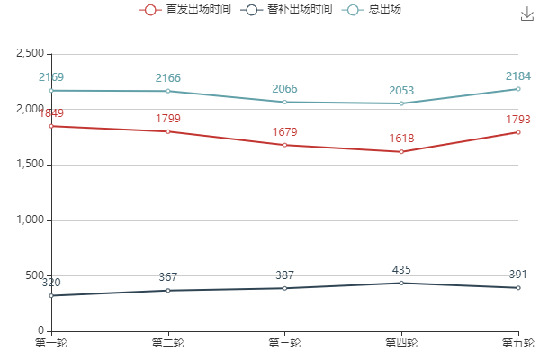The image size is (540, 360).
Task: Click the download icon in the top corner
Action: [527, 13]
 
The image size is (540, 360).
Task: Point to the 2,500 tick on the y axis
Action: [30, 54]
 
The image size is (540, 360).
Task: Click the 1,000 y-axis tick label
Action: [30, 220]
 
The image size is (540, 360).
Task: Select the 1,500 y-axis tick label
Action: [30, 165]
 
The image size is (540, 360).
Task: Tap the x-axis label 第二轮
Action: [168, 343]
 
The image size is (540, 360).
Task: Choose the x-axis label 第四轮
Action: [401, 343]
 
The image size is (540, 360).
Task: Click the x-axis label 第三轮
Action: [284, 343]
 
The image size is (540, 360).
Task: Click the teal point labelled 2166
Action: [168, 91]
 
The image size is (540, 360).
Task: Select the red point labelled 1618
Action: [401, 151]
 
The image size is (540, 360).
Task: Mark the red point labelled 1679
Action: [284, 145]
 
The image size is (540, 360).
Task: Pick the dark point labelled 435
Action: [401, 283]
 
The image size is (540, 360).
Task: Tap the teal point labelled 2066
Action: [284, 102]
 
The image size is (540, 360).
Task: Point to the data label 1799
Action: [168, 119]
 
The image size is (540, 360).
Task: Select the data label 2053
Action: [401, 91]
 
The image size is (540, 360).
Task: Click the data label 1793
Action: [518, 120]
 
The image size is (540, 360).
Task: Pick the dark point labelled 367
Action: [168, 290]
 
